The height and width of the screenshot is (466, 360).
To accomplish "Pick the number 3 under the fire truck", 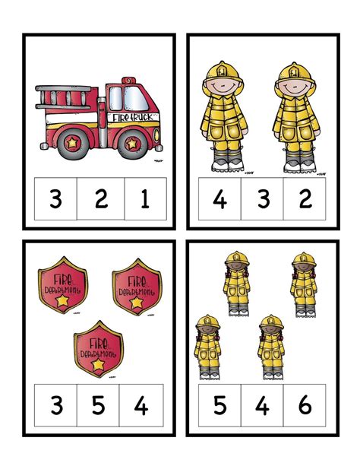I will point(55,200).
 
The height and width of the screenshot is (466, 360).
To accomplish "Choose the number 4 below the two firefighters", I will point(219,200).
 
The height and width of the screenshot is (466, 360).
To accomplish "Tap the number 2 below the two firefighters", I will point(305,200).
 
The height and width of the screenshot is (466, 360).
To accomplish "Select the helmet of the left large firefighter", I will point(219,75).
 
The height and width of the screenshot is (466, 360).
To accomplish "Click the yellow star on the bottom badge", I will point(98,366).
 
